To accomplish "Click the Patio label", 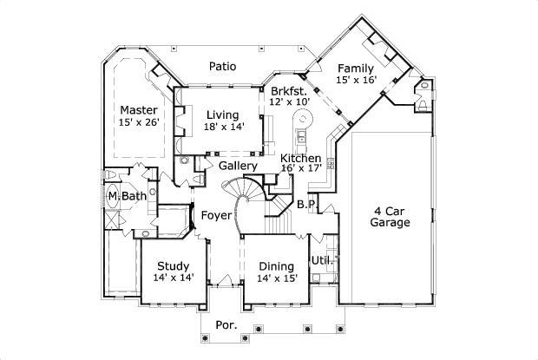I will coord(223,66).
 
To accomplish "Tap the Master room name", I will coord(138,110).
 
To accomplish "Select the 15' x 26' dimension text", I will coord(138,122).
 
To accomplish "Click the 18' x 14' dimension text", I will coord(224,127).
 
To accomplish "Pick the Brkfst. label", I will coord(289,91).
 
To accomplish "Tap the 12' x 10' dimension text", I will coord(289,102).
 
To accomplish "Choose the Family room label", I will coord(356,69).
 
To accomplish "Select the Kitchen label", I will coord(300,158).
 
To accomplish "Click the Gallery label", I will coord(237,166).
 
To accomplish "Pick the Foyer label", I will coord(215,215).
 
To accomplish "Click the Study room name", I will coord(174,265).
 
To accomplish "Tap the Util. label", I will coord(322,260).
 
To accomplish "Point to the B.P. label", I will coord(305,205).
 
